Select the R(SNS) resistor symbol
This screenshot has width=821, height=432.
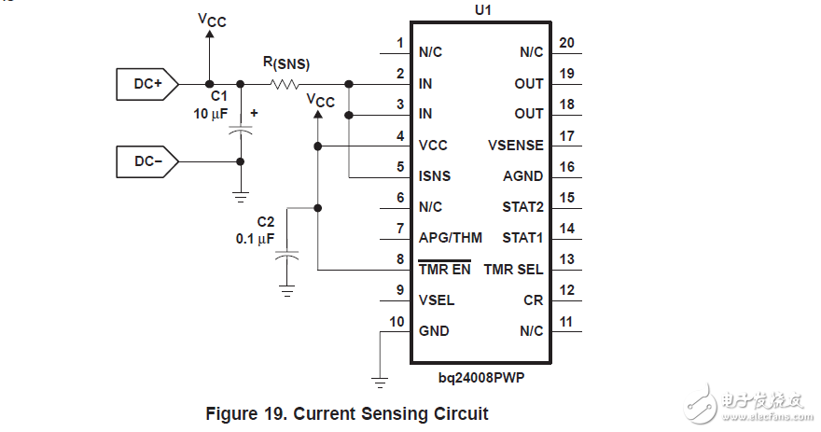pyautogui.click(x=285, y=84)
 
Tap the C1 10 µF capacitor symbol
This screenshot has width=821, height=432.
pyautogui.click(x=241, y=131)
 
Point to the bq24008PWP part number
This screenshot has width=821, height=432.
pyautogui.click(x=482, y=378)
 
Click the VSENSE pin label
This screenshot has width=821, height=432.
pyautogui.click(x=515, y=146)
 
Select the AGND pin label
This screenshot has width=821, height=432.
pyautogui.click(x=523, y=176)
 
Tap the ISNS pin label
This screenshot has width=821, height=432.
pyautogui.click(x=435, y=176)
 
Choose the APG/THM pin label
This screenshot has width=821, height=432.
pyautogui.click(x=451, y=238)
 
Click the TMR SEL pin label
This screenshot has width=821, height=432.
pyautogui.click(x=513, y=270)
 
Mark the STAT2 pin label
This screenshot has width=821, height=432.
pyautogui.click(x=522, y=207)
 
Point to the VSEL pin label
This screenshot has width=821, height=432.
pyautogui.click(x=437, y=300)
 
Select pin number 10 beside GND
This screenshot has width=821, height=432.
pyautogui.click(x=397, y=322)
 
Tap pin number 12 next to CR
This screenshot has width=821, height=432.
pyautogui.click(x=566, y=290)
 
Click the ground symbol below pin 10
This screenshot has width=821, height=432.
pyautogui.click(x=379, y=380)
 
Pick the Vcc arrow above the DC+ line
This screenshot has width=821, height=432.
pyautogui.click(x=209, y=35)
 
